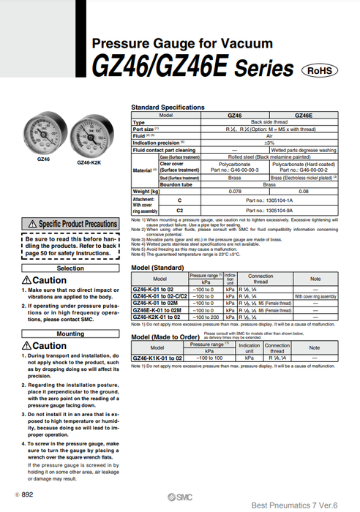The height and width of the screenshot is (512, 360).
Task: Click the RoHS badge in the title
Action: point(320,70)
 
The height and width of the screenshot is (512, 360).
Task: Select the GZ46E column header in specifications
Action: point(303,116)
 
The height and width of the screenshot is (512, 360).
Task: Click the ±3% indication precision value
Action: point(268,141)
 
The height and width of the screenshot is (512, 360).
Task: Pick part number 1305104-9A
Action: point(268,210)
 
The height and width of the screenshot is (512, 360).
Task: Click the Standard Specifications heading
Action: point(168,108)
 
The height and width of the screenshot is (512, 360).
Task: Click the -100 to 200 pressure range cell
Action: point(206,317)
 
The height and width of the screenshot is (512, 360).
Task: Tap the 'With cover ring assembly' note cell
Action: point(315,296)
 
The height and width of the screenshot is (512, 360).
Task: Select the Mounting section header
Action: point(71,334)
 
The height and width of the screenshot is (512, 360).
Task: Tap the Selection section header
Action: point(71,268)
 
